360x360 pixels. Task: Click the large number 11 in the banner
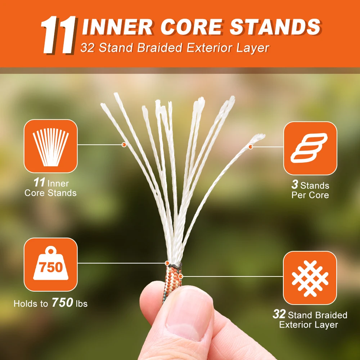(58, 35)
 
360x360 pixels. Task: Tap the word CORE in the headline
(192, 27)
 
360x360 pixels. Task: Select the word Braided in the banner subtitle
(159, 48)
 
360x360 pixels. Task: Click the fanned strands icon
(51, 147)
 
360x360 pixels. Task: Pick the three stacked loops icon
(310, 148)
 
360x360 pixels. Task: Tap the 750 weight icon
(51, 264)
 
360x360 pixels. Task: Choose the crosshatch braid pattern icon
(310, 278)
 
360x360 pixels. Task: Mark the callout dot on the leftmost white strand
(124, 145)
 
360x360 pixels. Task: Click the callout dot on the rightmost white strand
(251, 147)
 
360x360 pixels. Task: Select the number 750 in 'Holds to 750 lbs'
(62, 302)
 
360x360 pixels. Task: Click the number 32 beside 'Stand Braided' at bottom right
(279, 314)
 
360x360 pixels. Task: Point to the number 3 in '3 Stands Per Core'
(295, 184)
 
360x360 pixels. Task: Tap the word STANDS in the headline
(275, 27)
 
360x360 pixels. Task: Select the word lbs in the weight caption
(82, 303)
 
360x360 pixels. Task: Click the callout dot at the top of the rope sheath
(167, 263)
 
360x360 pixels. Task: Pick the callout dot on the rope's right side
(181, 276)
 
